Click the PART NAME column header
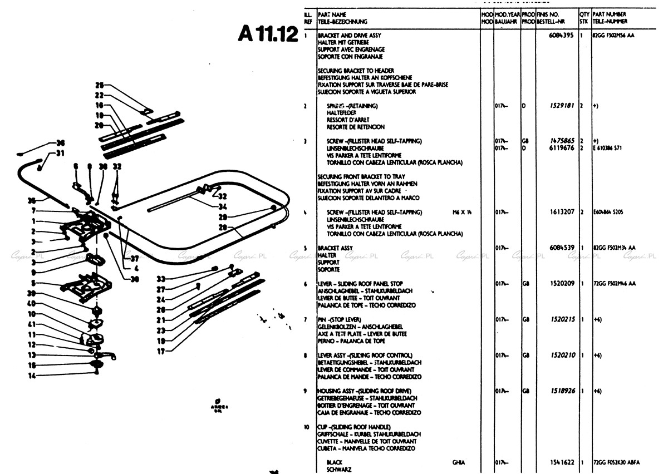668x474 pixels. [332, 14]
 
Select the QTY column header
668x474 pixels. [584, 14]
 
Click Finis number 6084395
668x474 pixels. [562, 35]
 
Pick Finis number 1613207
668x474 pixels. [561, 212]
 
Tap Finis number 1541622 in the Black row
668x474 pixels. [561, 462]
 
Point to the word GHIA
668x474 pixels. [459, 462]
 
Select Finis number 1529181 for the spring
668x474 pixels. [561, 106]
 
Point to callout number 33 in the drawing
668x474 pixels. [161, 279]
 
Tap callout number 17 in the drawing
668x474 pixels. [161, 351]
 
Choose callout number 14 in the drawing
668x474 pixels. [32, 376]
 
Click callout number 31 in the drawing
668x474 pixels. [60, 154]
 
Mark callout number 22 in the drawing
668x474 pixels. [100, 95]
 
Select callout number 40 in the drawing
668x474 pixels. [32, 303]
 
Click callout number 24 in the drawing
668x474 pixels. [161, 299]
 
